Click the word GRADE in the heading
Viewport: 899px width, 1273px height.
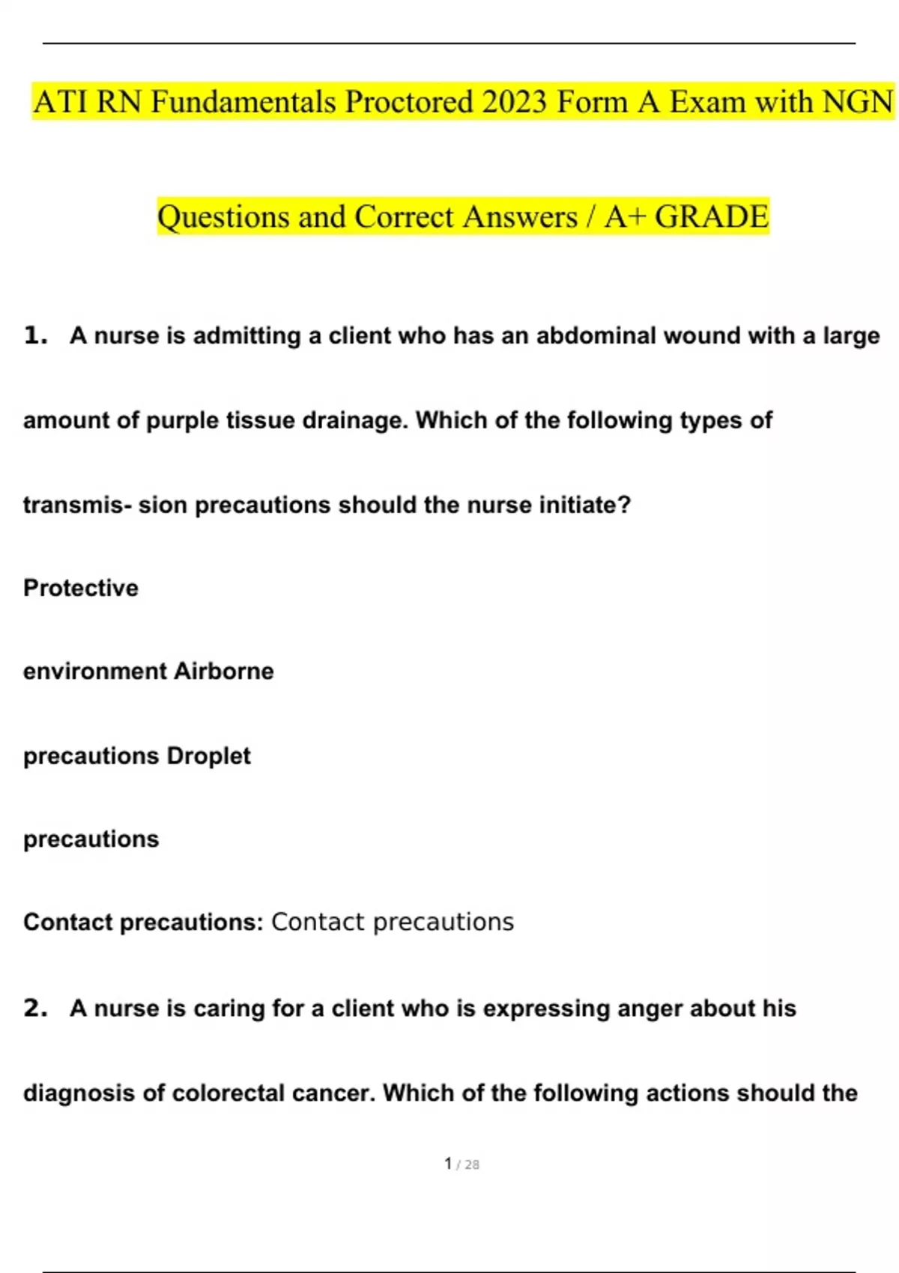[x=712, y=217]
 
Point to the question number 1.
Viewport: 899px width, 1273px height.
[x=35, y=335]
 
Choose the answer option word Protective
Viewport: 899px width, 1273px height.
[x=81, y=589]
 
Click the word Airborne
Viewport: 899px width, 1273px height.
[x=224, y=672]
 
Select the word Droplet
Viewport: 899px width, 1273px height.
[x=209, y=756]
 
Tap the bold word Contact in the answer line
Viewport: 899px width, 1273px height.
[x=68, y=923]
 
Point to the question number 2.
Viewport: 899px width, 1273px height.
[x=35, y=1009]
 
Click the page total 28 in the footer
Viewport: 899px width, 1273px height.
[x=472, y=1165]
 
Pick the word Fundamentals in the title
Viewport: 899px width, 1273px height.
[x=243, y=102]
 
